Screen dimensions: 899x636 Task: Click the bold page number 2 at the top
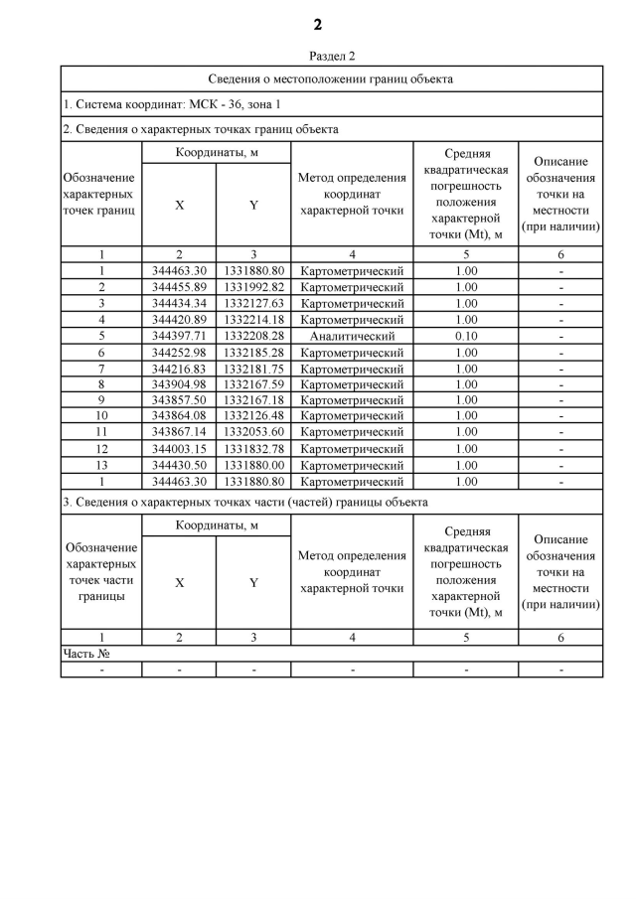pos(318,25)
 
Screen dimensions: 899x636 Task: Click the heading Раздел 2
pos(332,57)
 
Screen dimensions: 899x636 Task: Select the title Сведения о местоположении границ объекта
pos(331,78)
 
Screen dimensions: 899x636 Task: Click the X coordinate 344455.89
pos(179,287)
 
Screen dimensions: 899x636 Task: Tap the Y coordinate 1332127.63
pos(253,303)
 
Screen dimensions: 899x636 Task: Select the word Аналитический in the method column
pos(352,336)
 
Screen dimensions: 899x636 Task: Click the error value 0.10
pos(465,336)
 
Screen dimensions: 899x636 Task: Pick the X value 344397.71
pos(179,336)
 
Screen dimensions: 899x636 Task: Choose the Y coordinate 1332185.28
pos(253,352)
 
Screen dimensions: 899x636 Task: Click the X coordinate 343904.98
pos(179,384)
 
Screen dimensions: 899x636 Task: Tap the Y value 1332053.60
pos(253,433)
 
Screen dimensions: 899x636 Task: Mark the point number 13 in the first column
pos(101,465)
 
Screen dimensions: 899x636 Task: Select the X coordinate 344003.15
pos(179,449)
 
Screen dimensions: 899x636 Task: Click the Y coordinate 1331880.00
pos(253,465)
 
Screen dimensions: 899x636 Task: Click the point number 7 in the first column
pos(101,369)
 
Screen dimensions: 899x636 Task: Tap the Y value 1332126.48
pos(253,416)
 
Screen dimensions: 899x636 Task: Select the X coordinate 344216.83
pos(179,369)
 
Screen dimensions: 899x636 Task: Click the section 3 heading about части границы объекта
pos(245,503)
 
